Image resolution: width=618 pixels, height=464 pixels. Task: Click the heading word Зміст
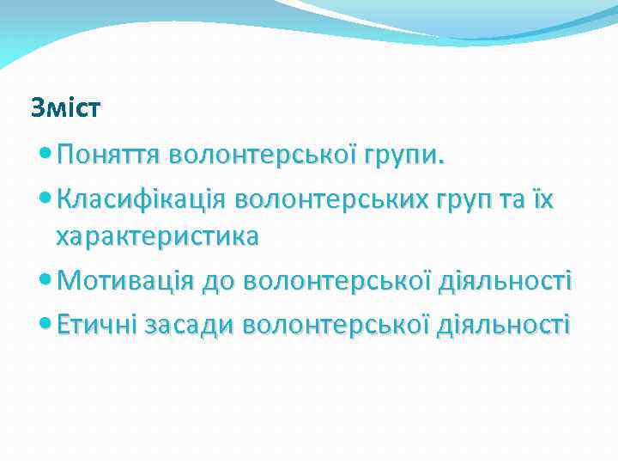pyautogui.click(x=65, y=108)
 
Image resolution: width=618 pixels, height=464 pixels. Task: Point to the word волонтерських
pyautogui.click(x=339, y=200)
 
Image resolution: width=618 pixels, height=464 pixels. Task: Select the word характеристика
pyautogui.click(x=157, y=237)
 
